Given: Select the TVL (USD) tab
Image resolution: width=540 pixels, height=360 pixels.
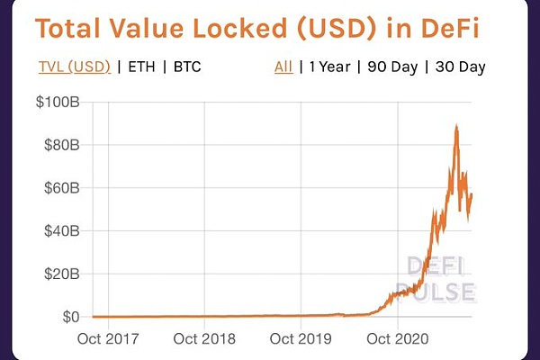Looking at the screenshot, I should pyautogui.click(x=75, y=67).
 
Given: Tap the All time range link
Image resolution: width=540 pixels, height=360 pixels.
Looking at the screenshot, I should pyautogui.click(x=283, y=67).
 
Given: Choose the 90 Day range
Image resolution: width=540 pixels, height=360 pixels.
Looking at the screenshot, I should pyautogui.click(x=391, y=67).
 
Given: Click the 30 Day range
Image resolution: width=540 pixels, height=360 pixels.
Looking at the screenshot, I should pyautogui.click(x=460, y=67).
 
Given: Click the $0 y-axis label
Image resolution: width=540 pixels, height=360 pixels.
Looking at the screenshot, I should pyautogui.click(x=68, y=317).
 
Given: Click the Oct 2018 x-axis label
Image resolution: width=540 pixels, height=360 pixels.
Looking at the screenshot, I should pyautogui.click(x=204, y=340).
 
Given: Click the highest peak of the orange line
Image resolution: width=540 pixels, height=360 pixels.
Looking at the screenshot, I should pyautogui.click(x=457, y=127).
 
